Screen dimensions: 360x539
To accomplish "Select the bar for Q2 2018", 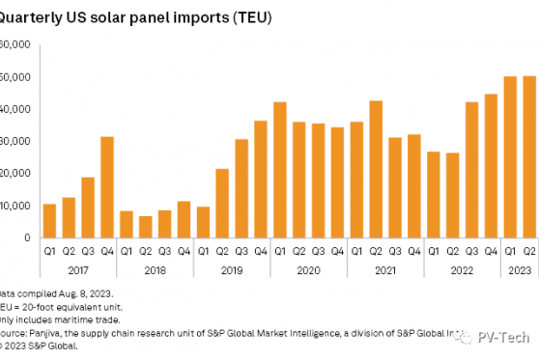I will pos(146,227).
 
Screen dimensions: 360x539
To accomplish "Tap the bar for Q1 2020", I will pos(280,170).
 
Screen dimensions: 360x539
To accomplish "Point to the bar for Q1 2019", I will pos(203,222).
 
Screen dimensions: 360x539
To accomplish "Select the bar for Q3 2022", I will pos(471,170).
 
